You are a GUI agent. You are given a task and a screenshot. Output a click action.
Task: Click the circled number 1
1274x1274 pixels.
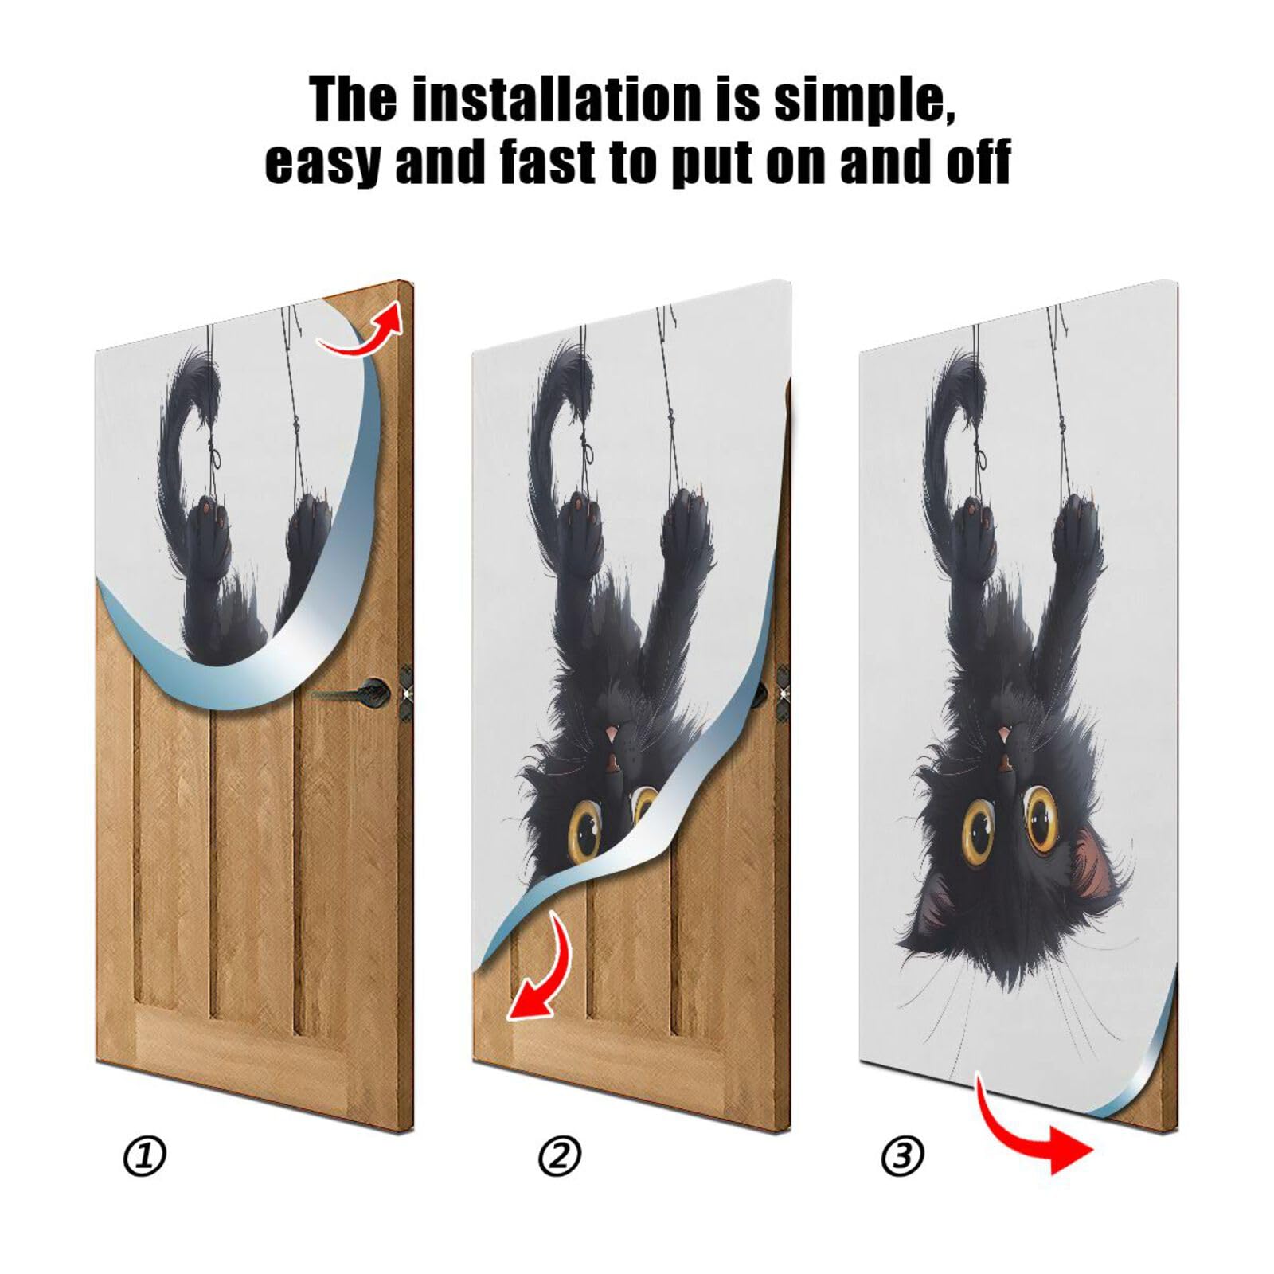pyautogui.click(x=145, y=1156)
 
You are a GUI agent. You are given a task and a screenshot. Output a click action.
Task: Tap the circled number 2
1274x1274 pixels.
pyautogui.click(x=560, y=1156)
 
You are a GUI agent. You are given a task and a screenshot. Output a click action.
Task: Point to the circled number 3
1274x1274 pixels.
pyautogui.click(x=902, y=1156)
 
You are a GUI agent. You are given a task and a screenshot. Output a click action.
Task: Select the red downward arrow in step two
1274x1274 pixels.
pyautogui.click(x=541, y=971)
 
